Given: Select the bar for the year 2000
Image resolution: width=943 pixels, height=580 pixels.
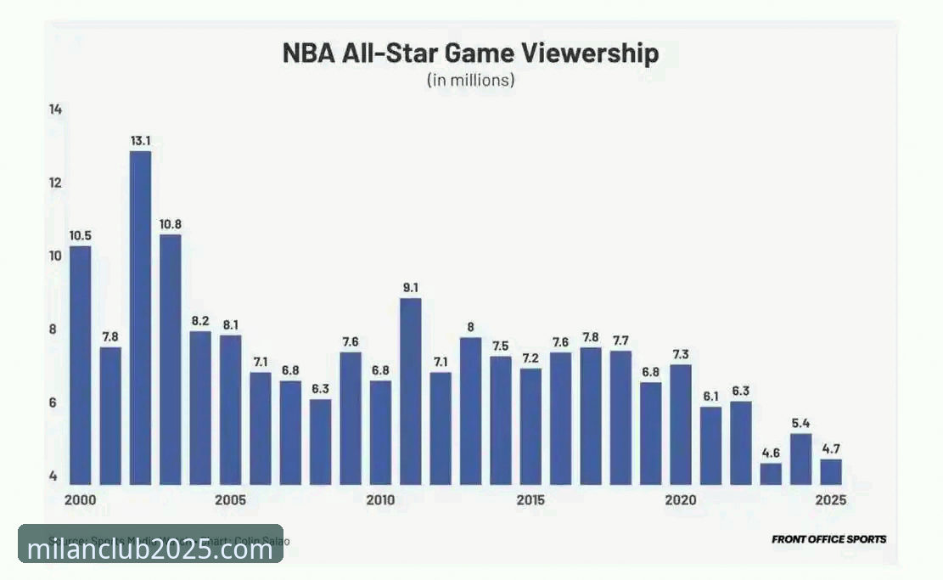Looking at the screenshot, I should pos(80,365).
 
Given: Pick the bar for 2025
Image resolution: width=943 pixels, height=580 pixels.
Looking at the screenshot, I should pos(831,471).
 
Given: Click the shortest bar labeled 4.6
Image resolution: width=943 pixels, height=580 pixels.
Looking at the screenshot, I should pos(771,473).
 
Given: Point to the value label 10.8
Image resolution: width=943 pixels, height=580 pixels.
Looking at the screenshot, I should pos(171,224).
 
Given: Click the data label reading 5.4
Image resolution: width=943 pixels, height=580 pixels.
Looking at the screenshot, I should pos(800,424).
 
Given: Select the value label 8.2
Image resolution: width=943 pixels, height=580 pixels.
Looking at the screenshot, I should pos(200,321).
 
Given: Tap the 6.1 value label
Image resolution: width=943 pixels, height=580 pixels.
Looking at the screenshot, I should pos(710,397).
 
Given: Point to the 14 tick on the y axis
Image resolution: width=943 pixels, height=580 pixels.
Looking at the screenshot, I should pos(55,110).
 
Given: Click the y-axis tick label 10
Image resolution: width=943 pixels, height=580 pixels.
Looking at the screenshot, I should pos(55,256).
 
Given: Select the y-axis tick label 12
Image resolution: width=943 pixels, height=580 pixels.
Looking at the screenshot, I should pos(55,183).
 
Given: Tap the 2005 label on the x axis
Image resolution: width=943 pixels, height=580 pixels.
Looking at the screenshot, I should pos(230,500).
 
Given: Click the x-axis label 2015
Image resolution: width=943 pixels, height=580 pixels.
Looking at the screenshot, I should pos(530,500).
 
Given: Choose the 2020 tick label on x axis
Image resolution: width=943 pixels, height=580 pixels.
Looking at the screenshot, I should pos(681,500).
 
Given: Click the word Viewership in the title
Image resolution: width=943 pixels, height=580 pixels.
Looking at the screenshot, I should pos(581,54).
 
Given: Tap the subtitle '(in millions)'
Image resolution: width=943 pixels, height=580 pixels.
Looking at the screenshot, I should pos(470,82).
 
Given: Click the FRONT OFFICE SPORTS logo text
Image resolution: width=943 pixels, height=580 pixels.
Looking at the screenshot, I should pos(828,539).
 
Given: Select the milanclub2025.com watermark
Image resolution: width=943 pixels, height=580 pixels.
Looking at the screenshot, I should pos(150,549).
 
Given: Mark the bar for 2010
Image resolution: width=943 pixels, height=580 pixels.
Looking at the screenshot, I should pos(380,432).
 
